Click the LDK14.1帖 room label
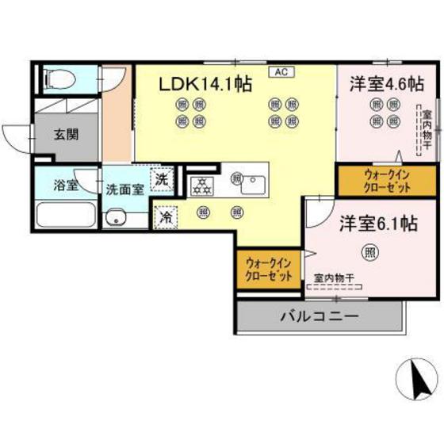(207, 84)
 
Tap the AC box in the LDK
(281, 72)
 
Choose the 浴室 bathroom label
(65, 186)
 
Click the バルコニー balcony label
(319, 316)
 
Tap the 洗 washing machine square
(162, 180)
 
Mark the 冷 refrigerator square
(166, 214)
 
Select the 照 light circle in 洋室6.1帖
(369, 253)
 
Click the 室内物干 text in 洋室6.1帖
(333, 278)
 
